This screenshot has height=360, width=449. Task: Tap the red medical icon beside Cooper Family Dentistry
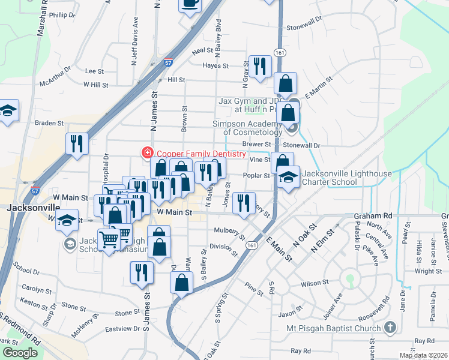click(146, 154)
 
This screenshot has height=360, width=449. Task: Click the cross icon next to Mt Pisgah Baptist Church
click(390, 328)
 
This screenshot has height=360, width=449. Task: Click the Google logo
click(20, 353)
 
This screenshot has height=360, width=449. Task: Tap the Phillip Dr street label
click(63, 15)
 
